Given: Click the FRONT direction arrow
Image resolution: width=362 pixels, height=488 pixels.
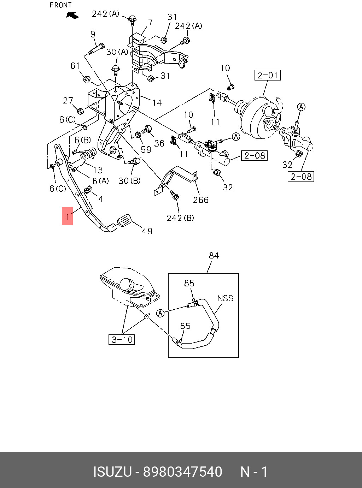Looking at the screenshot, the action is [72, 16].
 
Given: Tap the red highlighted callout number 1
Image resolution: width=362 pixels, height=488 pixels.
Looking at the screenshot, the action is [67, 216].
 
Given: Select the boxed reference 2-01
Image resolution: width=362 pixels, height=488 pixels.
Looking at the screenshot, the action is [268, 75].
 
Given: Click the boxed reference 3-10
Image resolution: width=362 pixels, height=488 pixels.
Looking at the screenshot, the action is [122, 339].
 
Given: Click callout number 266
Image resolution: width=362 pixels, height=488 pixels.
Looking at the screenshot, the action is [201, 200].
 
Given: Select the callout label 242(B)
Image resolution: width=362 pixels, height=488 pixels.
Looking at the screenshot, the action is [180, 218].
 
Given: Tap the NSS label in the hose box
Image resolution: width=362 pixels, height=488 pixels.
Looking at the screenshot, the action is [225, 298].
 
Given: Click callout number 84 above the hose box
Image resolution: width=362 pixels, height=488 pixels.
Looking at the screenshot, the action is [214, 255].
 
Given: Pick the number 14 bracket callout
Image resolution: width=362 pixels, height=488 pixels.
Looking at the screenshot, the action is [157, 102].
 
